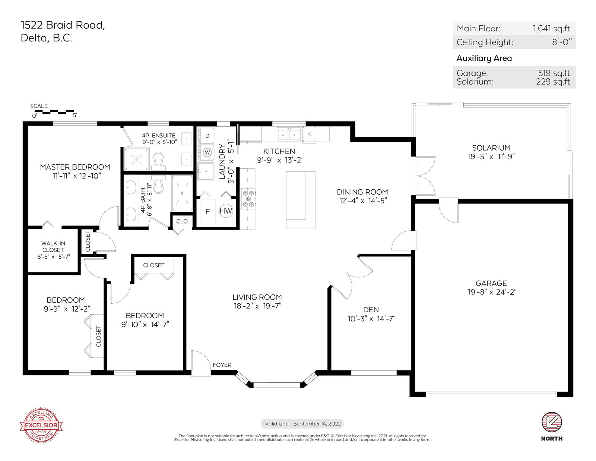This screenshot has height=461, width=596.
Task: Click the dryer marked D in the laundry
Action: point(206,136)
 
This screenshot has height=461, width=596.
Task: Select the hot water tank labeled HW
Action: point(226,211)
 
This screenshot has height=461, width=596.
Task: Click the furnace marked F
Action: point(207,212)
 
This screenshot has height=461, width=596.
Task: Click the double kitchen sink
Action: point(288,135)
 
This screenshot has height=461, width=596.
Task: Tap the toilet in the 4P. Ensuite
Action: point(159,162)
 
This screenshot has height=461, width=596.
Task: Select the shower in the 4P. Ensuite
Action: point(137,159)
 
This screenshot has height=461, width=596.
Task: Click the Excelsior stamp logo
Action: point(41,425)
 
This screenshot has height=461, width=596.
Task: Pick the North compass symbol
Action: point(552,422)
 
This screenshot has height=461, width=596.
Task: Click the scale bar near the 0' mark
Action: point(54,112)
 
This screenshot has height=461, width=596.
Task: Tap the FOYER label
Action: point(222,365)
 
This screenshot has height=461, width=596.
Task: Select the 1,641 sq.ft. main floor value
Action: point(552,28)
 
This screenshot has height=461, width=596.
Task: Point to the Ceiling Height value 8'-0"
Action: point(562,42)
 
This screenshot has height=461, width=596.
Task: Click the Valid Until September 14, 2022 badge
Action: point(302,423)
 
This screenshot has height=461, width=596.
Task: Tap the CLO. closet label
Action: point(183,221)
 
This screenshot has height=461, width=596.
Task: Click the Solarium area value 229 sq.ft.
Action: point(554,82)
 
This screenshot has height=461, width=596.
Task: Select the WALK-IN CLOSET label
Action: point(53,246)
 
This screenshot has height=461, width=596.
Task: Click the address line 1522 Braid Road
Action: point(63,25)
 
